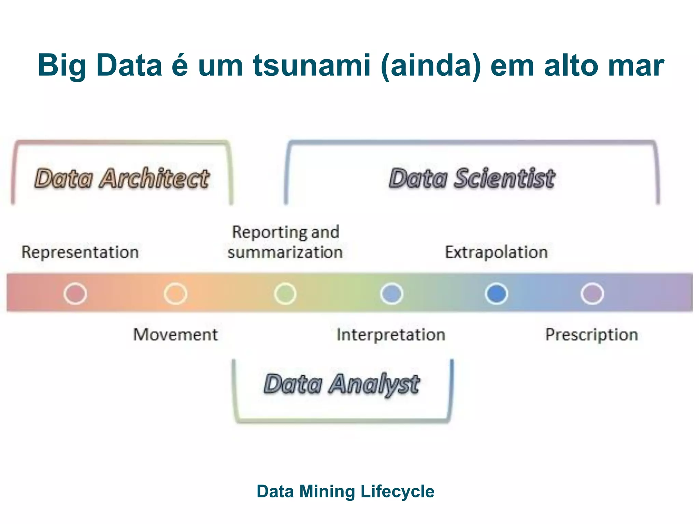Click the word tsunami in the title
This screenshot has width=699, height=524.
pos(312,65)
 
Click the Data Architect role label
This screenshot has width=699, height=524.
pos(122,178)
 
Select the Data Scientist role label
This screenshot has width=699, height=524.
pos(472,178)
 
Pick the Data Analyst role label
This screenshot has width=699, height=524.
pos(342,384)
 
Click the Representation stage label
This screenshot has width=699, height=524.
pos(80,252)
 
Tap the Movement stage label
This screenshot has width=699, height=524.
pos(175,334)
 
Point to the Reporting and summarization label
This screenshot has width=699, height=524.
pos(285,242)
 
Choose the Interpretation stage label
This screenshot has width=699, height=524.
pos(391,335)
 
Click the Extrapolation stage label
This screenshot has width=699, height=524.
pos(496,252)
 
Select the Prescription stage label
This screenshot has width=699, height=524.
pos(591,335)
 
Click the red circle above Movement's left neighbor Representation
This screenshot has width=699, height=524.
pos(75,293)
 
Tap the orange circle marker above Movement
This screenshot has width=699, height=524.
pos(175,293)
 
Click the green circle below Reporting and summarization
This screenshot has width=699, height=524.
pos(285,293)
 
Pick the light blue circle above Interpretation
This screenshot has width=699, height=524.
pos(391,293)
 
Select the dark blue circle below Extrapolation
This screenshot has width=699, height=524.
pos(496,293)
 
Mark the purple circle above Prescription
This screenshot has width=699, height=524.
pos(592,293)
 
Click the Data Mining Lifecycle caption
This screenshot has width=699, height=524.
pos(345,492)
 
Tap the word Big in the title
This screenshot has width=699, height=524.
pos(61,65)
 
